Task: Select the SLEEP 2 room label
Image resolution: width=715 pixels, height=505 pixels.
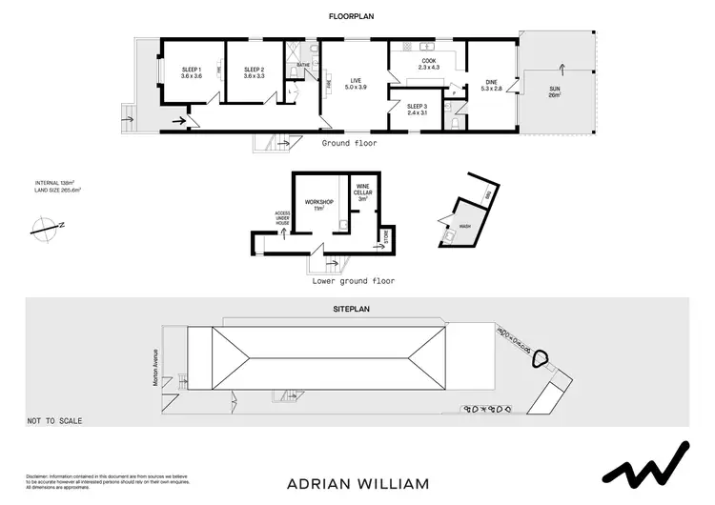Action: click(253, 72)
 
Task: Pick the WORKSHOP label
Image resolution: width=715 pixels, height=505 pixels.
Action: click(317, 204)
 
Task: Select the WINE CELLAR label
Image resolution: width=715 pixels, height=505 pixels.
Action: click(362, 192)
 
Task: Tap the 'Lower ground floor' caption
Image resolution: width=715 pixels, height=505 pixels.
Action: click(354, 281)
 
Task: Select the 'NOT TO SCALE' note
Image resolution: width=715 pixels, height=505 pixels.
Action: click(54, 420)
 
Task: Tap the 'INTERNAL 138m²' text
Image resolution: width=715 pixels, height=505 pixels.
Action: click(54, 182)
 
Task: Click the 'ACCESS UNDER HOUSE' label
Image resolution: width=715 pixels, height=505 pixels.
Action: click(282, 218)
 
